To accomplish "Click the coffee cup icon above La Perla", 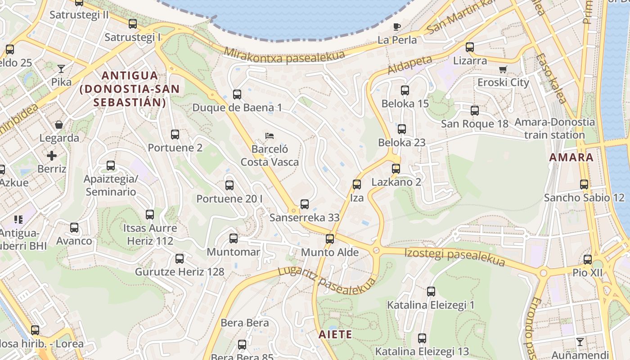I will [x=396, y=27].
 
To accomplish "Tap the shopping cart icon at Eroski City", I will [x=503, y=69].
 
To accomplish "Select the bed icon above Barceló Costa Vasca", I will [x=270, y=135].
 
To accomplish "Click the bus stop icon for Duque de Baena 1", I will [x=237, y=94].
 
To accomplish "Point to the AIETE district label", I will [x=335, y=335].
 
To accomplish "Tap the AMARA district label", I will [x=571, y=157].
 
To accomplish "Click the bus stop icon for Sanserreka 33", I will [x=305, y=204].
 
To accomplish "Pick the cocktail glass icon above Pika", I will [x=61, y=69].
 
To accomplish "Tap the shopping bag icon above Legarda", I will [x=59, y=125].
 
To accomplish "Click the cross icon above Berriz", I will [x=52, y=156].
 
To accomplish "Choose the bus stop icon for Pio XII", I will [x=587, y=260].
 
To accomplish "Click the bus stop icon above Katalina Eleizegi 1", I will [x=431, y=292].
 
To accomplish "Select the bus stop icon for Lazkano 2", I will [x=396, y=169].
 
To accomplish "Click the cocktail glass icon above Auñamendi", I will [x=580, y=342].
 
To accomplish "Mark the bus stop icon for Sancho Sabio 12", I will [x=584, y=184].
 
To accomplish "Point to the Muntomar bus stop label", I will [x=233, y=252].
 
